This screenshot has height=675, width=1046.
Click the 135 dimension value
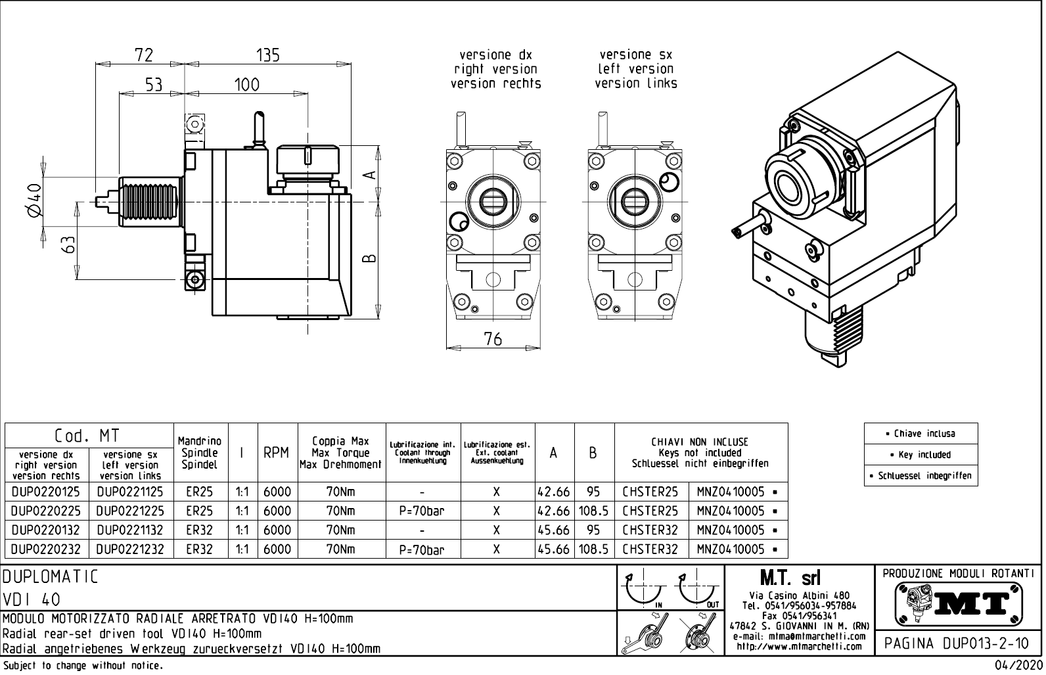[x=268, y=55]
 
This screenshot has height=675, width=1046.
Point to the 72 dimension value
[x=143, y=55]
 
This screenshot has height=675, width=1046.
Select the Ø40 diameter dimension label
[x=34, y=200]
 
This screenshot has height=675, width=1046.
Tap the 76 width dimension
[x=493, y=338]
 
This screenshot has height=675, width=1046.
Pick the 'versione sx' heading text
[x=635, y=55]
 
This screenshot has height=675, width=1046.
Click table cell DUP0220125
[x=46, y=492]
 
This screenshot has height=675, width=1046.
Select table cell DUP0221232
[x=130, y=549]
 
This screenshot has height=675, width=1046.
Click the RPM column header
[x=276, y=453]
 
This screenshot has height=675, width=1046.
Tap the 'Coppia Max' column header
[x=340, y=441]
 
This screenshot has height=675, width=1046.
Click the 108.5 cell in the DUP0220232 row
[x=593, y=549]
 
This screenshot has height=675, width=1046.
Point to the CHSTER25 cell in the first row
[x=650, y=492]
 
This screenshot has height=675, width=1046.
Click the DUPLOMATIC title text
[x=51, y=577]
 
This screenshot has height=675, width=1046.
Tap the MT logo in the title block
[x=958, y=602]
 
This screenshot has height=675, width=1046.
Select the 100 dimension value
[x=246, y=84]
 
